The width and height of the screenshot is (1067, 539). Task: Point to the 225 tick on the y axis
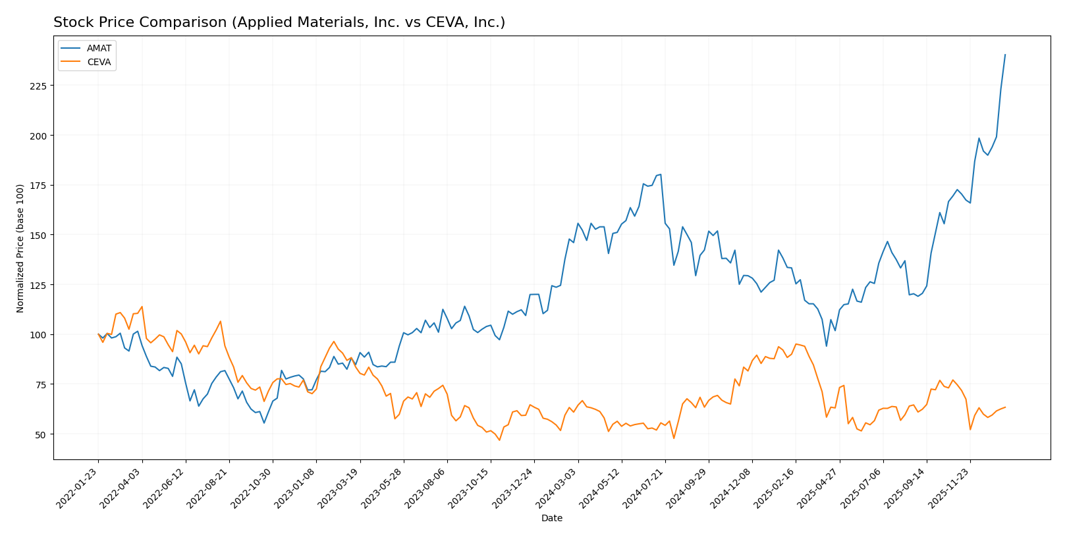click(x=38, y=86)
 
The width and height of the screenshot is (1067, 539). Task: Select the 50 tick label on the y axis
click(x=40, y=434)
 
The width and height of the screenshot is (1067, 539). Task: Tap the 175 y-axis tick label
click(x=38, y=186)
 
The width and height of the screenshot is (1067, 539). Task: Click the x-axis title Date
click(x=551, y=519)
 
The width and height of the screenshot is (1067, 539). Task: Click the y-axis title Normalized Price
click(x=20, y=248)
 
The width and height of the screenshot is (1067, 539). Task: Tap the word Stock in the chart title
click(x=70, y=23)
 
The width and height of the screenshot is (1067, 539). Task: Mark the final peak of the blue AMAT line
click(x=1005, y=55)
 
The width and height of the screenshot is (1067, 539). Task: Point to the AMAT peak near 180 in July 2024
click(x=661, y=174)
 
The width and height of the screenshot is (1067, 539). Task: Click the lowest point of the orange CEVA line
click(x=499, y=440)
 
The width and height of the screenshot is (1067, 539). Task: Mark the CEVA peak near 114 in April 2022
click(x=142, y=307)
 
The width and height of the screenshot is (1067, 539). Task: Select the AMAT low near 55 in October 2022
click(x=264, y=423)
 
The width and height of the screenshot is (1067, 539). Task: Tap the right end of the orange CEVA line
click(x=1005, y=407)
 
